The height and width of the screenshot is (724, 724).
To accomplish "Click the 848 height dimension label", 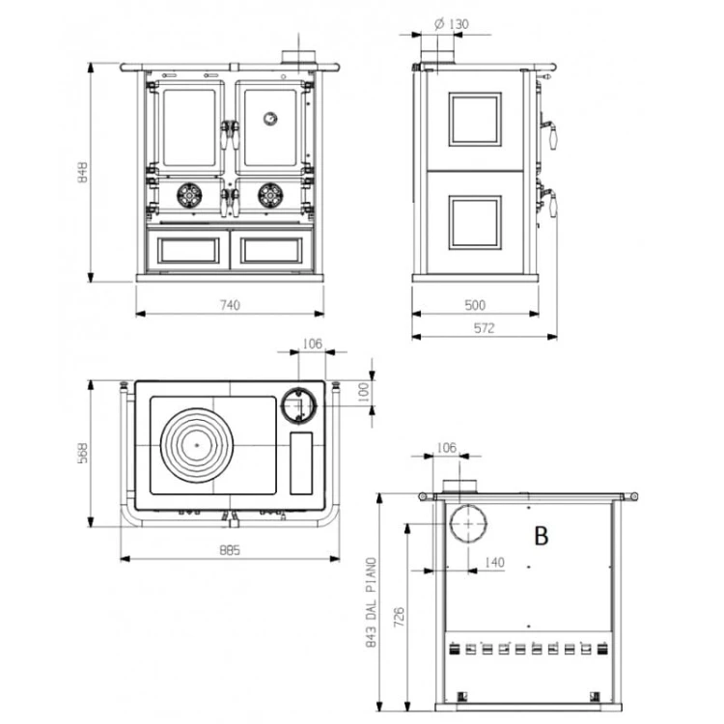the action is (x=83, y=172).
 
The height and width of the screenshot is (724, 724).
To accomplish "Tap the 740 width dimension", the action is (x=230, y=305).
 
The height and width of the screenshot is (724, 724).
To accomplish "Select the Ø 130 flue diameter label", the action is (x=451, y=23).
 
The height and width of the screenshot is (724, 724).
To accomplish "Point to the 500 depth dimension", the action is (x=475, y=305).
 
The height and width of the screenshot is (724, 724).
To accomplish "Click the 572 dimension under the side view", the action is (x=484, y=328).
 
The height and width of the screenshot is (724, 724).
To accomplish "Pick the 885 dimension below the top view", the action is (x=230, y=550).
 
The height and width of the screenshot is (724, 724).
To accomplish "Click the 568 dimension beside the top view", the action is (x=83, y=454).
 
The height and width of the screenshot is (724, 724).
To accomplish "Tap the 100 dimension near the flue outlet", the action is (x=364, y=392).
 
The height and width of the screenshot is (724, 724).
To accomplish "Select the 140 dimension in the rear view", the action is (x=494, y=563).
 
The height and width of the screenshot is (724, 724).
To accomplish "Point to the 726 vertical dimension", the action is (x=399, y=618).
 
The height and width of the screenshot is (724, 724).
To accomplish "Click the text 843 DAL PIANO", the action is (x=372, y=602).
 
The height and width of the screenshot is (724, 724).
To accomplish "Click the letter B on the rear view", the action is (x=542, y=536).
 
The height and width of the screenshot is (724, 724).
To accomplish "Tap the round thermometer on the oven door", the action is (x=270, y=119).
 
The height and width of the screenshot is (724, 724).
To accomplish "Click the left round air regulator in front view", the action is (x=189, y=196).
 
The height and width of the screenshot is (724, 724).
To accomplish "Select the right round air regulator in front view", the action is (x=270, y=196).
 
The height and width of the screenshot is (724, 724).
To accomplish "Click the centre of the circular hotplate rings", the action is (x=197, y=445).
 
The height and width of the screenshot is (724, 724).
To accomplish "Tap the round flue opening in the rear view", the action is (x=468, y=523).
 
